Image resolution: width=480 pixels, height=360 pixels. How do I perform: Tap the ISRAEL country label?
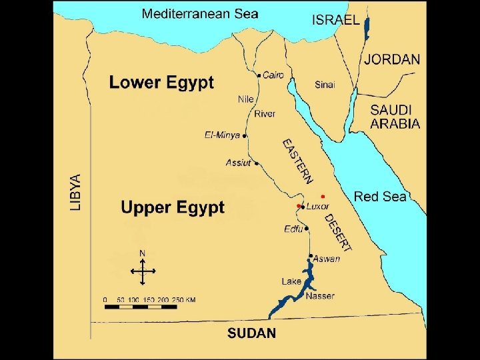click(335, 19)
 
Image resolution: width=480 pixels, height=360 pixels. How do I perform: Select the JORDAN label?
click(392, 59)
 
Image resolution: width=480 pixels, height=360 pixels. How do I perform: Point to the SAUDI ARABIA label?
click(395, 116)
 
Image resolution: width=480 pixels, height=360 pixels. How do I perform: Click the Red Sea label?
click(380, 196)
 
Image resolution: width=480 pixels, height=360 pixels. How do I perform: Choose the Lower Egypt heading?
click(161, 83)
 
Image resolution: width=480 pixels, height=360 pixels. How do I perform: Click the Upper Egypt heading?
click(173, 207)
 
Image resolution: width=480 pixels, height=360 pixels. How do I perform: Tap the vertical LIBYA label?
click(76, 193)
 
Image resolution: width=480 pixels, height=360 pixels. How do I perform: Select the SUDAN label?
click(251, 333)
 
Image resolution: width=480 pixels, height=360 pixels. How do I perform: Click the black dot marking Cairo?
click(259, 76)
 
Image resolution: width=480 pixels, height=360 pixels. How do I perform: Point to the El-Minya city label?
click(222, 135)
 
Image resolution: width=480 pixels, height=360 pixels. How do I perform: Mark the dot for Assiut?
click(257, 163)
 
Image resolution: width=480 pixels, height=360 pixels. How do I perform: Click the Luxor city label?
click(317, 207)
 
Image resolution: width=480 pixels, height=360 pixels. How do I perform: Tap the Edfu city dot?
click(307, 228)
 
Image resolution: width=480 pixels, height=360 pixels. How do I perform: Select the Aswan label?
click(327, 259)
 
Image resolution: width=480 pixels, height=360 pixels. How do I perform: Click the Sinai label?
click(325, 85)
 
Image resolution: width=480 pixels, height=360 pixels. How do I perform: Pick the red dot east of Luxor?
click(322, 196)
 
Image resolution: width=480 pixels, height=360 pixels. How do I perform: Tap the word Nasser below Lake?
click(319, 295)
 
